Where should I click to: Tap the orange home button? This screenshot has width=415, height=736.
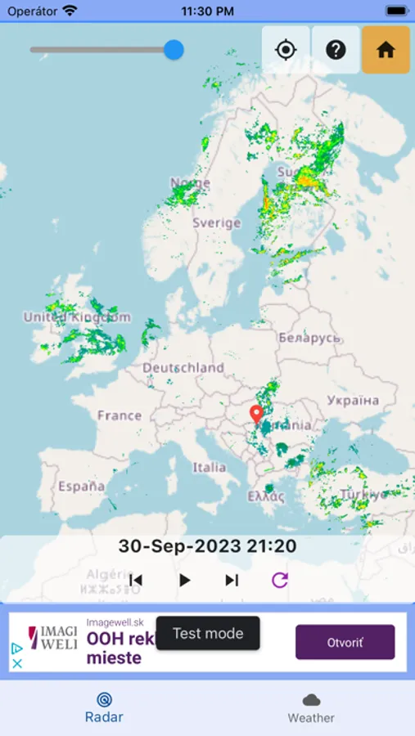point(386,50)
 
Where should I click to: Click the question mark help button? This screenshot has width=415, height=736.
point(336,50)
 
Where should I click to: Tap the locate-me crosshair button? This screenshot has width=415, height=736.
point(286,50)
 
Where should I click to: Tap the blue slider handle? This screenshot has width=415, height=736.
point(174,50)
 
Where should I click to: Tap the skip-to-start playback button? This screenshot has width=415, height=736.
point(136,580)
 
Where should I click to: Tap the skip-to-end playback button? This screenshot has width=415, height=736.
point(232,580)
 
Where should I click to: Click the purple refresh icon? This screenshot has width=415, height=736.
point(280,580)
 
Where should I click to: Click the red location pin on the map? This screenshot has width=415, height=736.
point(256,413)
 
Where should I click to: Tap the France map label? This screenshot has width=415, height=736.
point(120,415)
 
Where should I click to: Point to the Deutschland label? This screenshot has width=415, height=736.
point(183,368)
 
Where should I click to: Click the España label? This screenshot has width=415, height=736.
point(82,487)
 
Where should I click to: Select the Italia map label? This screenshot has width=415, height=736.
point(210,468)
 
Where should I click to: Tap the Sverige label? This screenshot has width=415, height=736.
point(217,222)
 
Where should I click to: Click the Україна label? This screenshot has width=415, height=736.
point(353,401)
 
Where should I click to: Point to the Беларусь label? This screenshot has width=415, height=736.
point(309,337)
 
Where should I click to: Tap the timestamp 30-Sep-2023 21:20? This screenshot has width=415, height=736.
point(207,546)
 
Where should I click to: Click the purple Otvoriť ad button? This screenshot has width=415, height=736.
point(345,642)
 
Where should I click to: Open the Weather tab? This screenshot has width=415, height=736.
point(311,707)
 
